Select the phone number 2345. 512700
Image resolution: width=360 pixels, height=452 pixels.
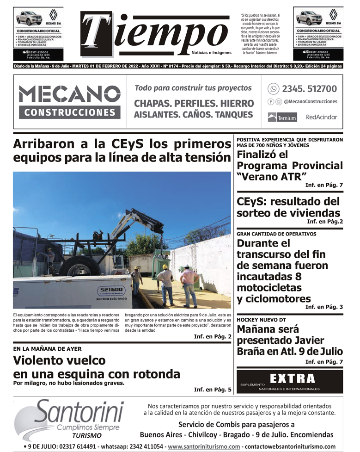click(309, 89)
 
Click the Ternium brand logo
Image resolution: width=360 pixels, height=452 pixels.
click(282, 118)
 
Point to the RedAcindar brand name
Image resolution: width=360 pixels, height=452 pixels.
click(321, 118)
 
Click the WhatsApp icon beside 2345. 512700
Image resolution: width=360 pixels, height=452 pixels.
click(274, 89)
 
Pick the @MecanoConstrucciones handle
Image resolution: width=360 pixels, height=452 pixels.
click(310, 101)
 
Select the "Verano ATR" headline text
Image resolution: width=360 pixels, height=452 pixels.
click(272, 177)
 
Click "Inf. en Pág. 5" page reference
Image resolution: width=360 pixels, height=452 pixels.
click(213, 390)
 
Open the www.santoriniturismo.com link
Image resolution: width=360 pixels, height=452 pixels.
click(204, 446)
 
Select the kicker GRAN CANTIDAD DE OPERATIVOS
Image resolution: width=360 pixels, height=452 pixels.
click(276, 234)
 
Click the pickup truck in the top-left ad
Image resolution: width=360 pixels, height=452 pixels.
click(29, 19)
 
